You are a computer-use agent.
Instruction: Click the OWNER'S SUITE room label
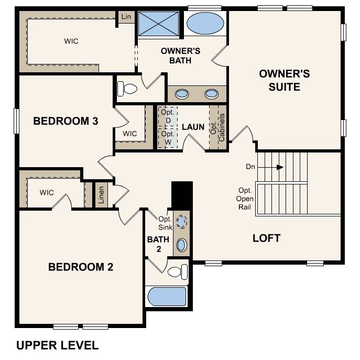point(284,80)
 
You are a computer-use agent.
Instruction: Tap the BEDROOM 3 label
point(66,121)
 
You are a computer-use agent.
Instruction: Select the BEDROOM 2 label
point(81,267)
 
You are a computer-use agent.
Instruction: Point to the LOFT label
point(266,238)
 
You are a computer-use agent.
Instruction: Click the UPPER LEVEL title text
point(57,345)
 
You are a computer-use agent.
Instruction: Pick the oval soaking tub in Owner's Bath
point(204,24)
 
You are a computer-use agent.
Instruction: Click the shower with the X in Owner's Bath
point(158,24)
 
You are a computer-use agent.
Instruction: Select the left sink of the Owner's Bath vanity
point(182,94)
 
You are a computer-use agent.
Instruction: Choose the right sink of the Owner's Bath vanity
point(211,94)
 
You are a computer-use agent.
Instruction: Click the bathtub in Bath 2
point(167,296)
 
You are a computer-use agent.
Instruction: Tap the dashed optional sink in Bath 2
point(181,222)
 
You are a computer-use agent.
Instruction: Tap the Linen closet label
point(101,195)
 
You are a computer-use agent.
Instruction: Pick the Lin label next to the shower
point(126,17)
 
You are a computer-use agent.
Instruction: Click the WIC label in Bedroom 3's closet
point(129,134)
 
